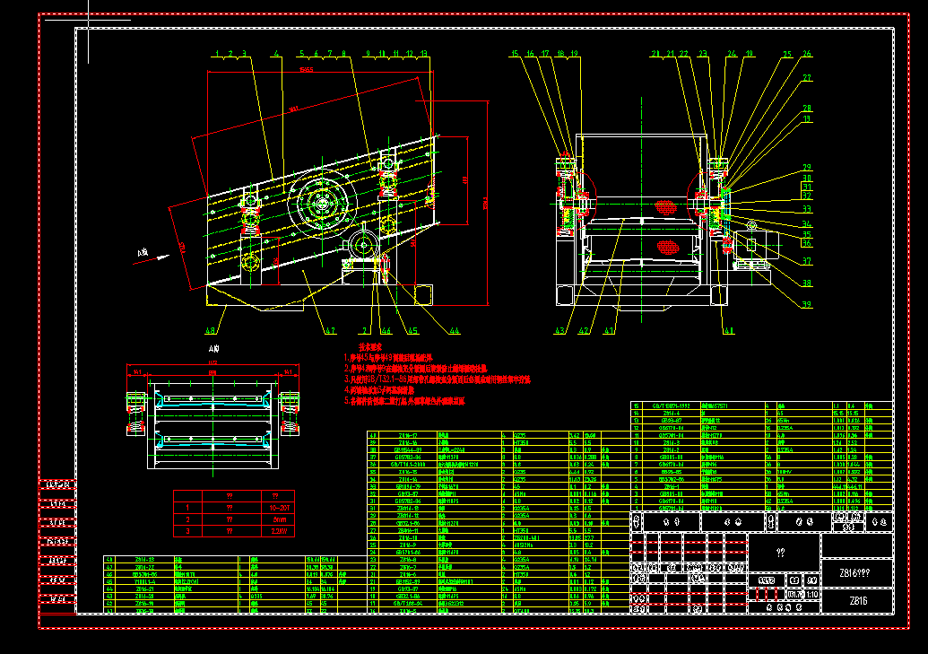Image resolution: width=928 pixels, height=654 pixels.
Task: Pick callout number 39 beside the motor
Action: point(807,304)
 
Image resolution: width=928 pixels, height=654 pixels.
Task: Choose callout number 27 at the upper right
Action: point(807,78)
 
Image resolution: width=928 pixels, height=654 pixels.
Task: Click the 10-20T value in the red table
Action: point(278,507)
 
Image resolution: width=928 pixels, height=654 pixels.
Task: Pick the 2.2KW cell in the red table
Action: point(278,531)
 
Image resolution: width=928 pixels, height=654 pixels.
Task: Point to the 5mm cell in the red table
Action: point(278,519)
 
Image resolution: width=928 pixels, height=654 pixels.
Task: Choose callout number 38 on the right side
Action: point(807,283)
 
